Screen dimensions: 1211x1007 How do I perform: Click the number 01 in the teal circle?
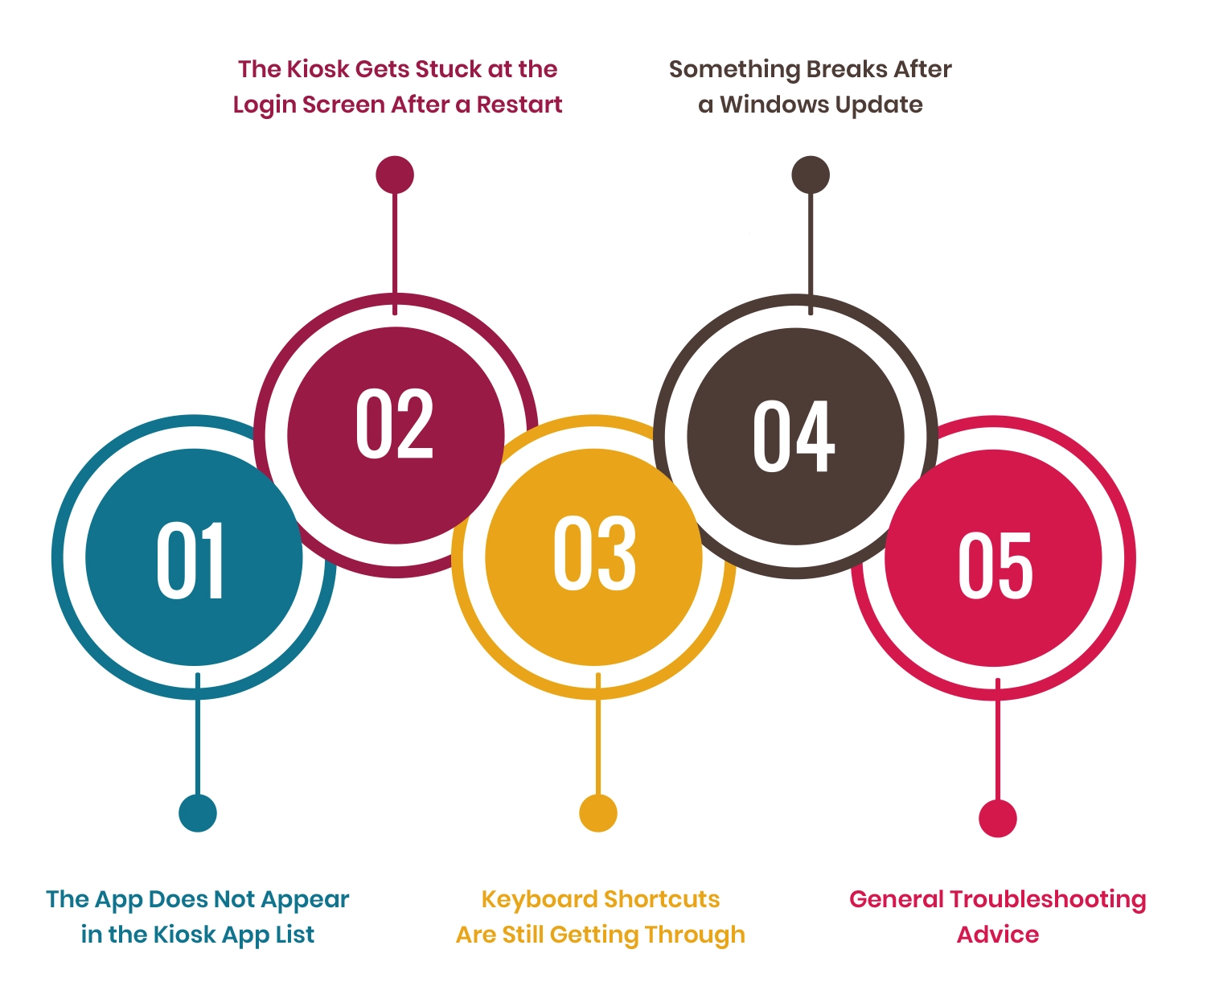click(x=191, y=559)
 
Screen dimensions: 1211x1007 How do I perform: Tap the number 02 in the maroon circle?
click(x=394, y=423)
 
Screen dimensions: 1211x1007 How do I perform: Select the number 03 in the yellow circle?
click(x=594, y=553)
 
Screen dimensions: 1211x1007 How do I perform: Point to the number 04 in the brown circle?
click(x=794, y=436)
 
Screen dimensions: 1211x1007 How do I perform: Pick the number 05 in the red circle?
click(x=995, y=565)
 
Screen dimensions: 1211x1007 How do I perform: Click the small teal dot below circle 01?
click(x=198, y=812)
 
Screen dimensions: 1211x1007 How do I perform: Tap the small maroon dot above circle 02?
click(x=395, y=175)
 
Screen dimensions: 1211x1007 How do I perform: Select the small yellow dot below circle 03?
click(x=598, y=812)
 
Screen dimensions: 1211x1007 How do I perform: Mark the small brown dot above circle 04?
click(x=811, y=175)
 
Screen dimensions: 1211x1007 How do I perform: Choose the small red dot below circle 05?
click(x=998, y=818)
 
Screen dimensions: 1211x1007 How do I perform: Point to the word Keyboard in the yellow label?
click(x=540, y=900)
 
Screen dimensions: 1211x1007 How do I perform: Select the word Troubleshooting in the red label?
click(x=1048, y=900)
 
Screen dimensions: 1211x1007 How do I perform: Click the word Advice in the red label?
click(x=998, y=935)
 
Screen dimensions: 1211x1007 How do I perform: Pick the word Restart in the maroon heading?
click(x=519, y=105)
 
